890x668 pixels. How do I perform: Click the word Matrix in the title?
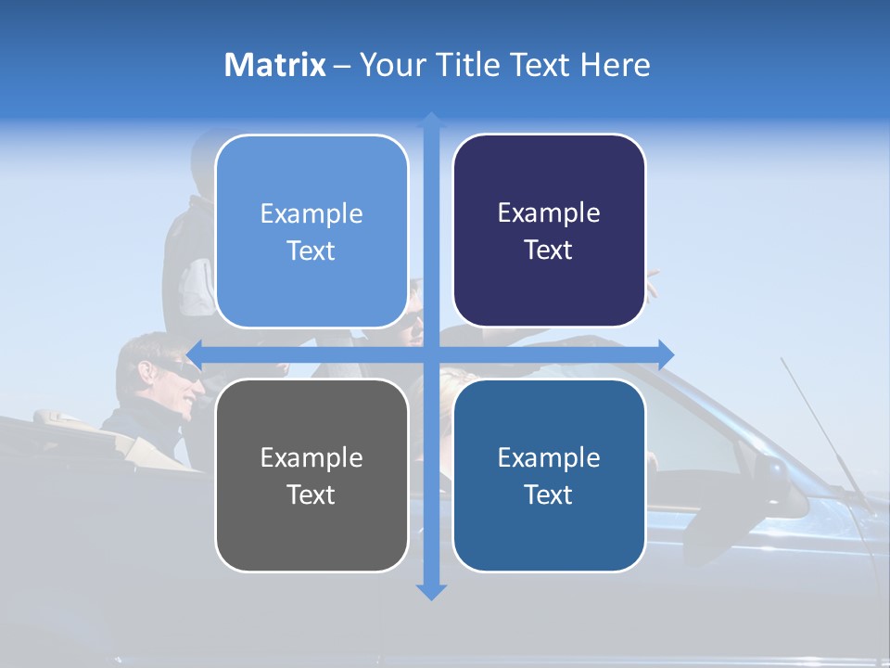click(274, 65)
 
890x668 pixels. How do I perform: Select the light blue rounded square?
click(311, 231)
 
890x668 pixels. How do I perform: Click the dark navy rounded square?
click(549, 231)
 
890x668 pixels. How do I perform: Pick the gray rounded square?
click(311, 475)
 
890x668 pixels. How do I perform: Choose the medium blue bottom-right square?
click(549, 475)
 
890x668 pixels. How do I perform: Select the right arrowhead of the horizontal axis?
click(666, 353)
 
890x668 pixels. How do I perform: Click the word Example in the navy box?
click(549, 213)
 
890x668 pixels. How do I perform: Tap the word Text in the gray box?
click(311, 495)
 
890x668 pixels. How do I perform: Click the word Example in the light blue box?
click(311, 214)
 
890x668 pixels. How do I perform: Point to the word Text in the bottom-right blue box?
click(548, 495)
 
